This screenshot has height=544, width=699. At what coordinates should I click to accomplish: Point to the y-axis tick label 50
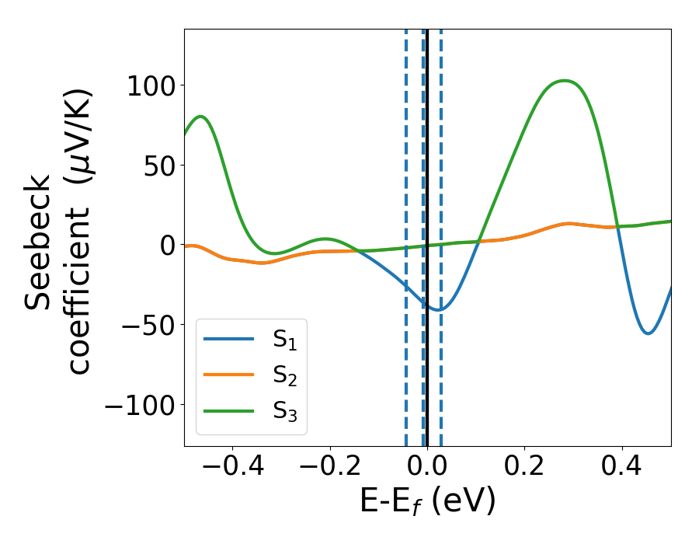tap(160, 165)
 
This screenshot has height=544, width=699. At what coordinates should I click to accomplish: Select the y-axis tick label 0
tap(168, 245)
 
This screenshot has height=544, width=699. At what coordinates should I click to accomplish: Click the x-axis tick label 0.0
tap(427, 469)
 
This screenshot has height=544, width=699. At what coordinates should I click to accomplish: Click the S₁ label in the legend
tap(285, 340)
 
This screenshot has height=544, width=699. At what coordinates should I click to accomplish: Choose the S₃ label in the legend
tap(285, 411)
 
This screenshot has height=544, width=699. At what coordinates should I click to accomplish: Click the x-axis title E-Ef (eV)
tap(427, 503)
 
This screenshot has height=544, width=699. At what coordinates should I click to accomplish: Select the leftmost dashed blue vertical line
tap(406, 233)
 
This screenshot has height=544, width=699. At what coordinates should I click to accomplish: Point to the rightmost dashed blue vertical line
tap(441, 233)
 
